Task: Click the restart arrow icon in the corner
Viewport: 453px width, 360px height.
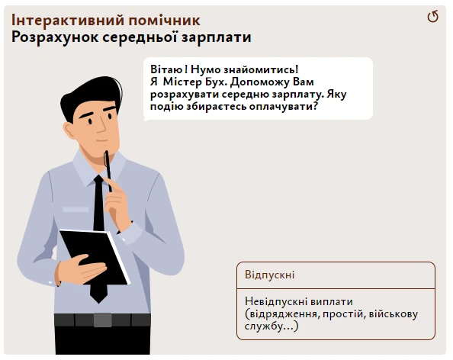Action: [433, 17]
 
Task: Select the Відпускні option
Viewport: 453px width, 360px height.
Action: [336, 275]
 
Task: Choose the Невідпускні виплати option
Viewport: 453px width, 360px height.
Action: [336, 313]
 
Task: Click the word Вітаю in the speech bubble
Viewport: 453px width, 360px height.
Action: [165, 69]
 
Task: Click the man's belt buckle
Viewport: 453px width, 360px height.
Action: [102, 320]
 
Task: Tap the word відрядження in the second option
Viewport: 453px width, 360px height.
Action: [281, 313]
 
